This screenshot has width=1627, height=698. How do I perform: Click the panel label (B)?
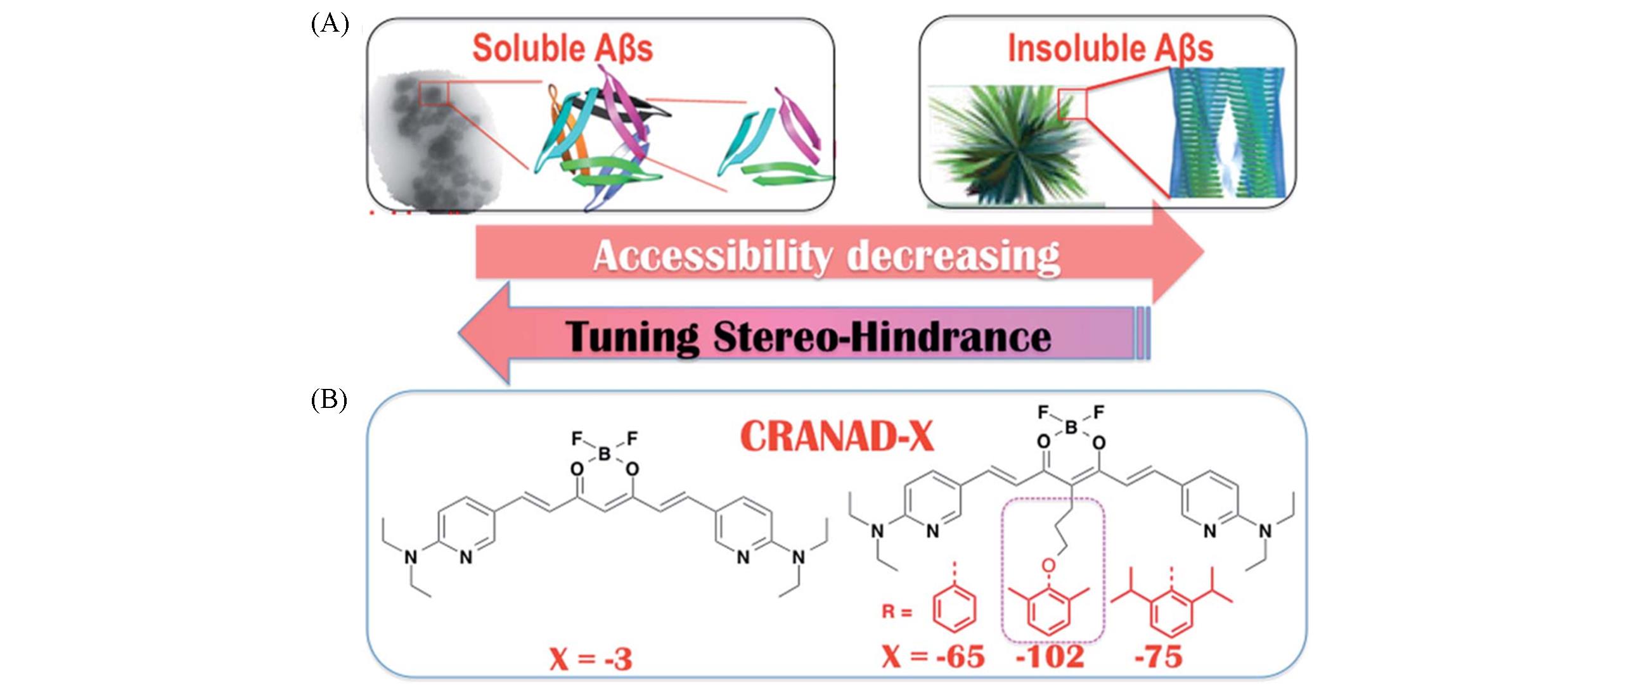tap(329, 401)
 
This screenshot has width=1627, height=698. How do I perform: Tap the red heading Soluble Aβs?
tap(562, 48)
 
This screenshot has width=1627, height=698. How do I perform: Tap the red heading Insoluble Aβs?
tap(1110, 48)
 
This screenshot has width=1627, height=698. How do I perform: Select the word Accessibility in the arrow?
tap(711, 257)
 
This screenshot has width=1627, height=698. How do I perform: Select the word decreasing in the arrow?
tap(953, 257)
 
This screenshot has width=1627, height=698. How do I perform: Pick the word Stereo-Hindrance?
tap(882, 336)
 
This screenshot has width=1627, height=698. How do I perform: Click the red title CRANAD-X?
tap(837, 436)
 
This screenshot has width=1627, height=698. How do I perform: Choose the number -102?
tap(1050, 657)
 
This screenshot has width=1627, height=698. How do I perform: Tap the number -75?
tap(1159, 657)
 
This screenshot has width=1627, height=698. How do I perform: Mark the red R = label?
tap(897, 612)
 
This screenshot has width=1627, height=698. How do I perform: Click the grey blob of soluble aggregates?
tap(437, 143)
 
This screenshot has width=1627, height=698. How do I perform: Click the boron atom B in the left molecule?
tap(604, 454)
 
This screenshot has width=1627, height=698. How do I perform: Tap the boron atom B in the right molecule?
tap(1071, 428)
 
